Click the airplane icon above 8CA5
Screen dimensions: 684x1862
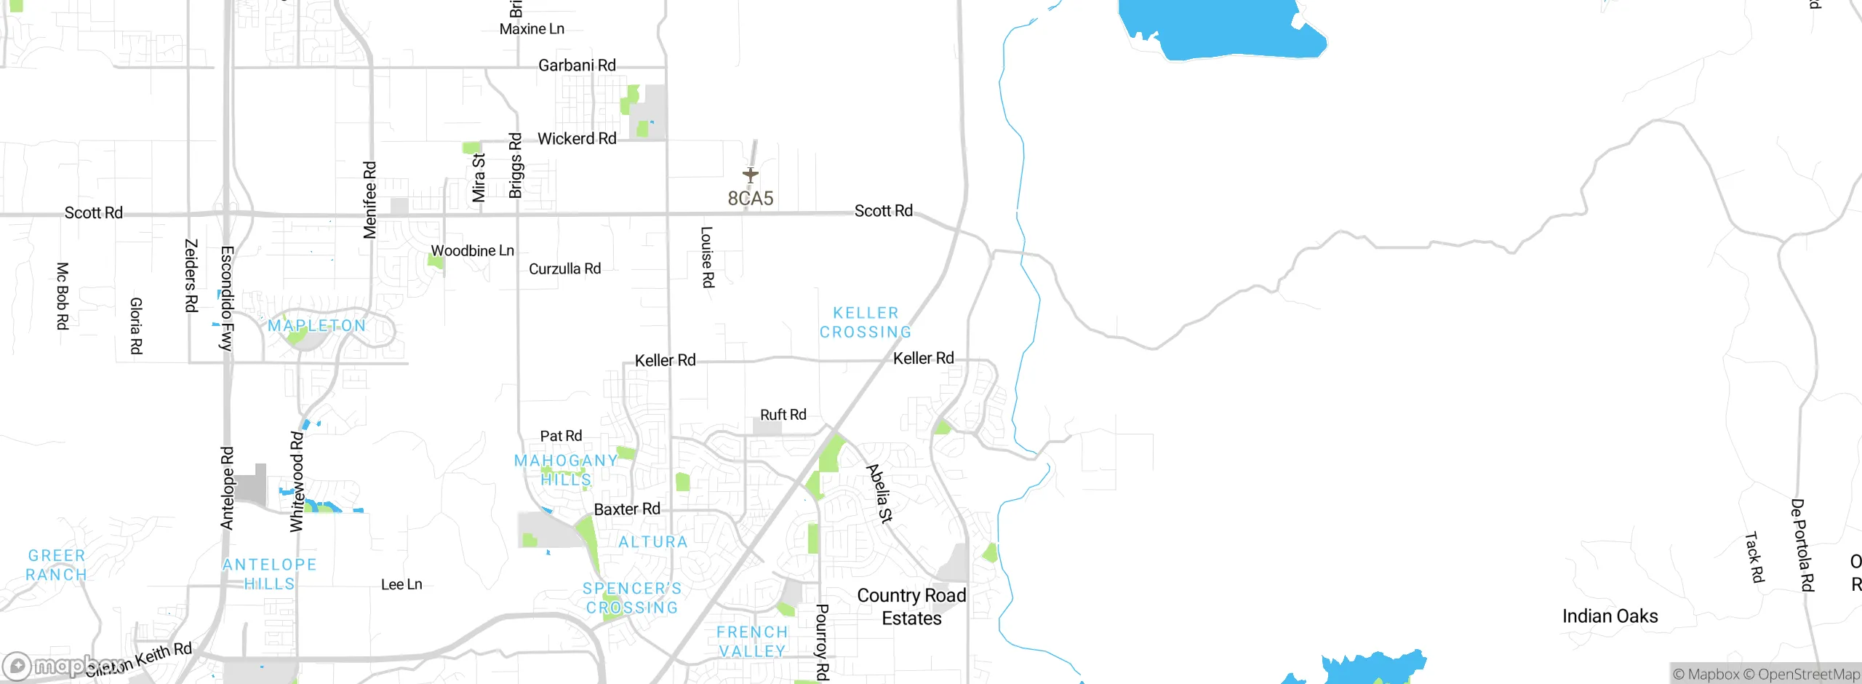pyautogui.click(x=751, y=175)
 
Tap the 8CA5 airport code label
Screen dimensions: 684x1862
pyautogui.click(x=751, y=198)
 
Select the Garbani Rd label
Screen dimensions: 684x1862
pyautogui.click(x=577, y=65)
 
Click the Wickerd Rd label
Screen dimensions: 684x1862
pyautogui.click(x=577, y=138)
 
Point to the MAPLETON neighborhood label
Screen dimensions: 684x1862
pyautogui.click(x=317, y=325)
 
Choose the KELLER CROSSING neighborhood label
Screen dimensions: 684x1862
pyautogui.click(x=866, y=322)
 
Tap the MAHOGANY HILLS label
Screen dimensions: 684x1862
pyautogui.click(x=566, y=470)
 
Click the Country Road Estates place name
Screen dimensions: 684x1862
pyautogui.click(x=911, y=606)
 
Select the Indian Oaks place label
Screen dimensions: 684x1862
pyautogui.click(x=1610, y=616)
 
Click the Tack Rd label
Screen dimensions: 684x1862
pyautogui.click(x=1754, y=557)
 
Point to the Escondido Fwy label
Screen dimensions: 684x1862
pyautogui.click(x=227, y=298)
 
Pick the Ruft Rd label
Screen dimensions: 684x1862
pyautogui.click(x=783, y=415)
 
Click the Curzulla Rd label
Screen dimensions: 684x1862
pyautogui.click(x=564, y=269)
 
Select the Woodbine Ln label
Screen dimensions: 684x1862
pyautogui.click(x=472, y=251)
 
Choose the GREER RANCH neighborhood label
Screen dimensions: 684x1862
pyautogui.click(x=57, y=565)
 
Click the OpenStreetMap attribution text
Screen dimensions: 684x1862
pyautogui.click(x=1808, y=675)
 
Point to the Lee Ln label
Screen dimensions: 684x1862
pyautogui.click(x=401, y=584)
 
